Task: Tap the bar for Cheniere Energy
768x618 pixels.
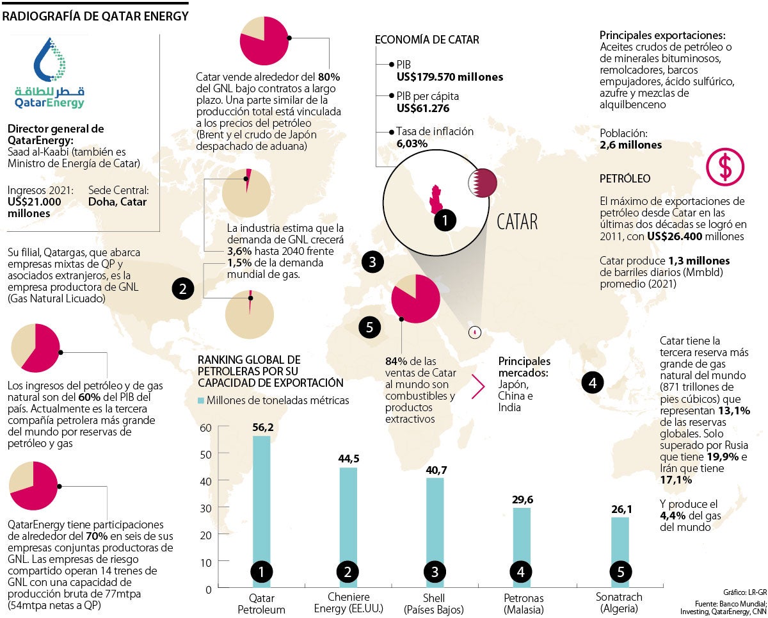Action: (348, 519)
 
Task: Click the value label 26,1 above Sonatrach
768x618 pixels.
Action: (620, 509)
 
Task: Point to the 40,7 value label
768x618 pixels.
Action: (435, 470)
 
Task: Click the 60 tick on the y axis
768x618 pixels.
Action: (205, 428)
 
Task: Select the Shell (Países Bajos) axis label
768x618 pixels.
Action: (435, 603)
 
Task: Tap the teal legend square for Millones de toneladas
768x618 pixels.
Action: (201, 400)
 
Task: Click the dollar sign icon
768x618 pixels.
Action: (724, 167)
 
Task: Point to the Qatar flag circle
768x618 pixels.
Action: (483, 183)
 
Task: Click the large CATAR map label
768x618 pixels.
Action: (517, 222)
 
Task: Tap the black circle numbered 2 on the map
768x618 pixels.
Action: (183, 289)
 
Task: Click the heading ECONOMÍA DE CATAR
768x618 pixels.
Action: (426, 40)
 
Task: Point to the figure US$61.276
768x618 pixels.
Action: (423, 108)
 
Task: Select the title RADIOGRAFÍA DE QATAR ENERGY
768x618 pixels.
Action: (95, 16)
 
